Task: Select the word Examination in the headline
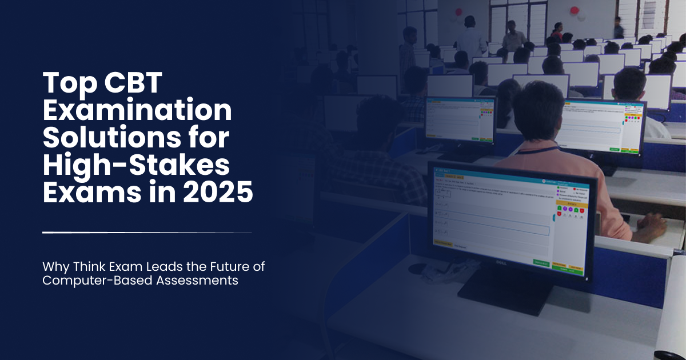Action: [x=138, y=110]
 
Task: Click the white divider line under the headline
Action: [x=147, y=233]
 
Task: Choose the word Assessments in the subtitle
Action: [x=197, y=281]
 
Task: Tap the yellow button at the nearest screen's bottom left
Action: [x=443, y=243]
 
